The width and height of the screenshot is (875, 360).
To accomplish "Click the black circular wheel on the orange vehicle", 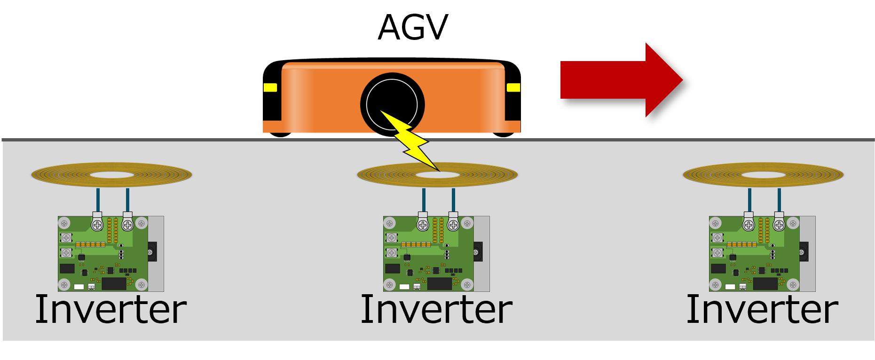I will click(392, 104).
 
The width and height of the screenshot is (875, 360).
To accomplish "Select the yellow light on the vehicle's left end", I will click(270, 87).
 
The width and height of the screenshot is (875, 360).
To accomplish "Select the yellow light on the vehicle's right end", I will click(513, 87).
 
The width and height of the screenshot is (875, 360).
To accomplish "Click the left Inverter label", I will click(111, 309).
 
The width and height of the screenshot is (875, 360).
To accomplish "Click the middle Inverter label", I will click(436, 309).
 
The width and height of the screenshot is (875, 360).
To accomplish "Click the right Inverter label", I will click(762, 309).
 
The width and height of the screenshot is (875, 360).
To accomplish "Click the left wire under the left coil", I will click(98, 199).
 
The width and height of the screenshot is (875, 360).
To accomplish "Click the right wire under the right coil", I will click(779, 199).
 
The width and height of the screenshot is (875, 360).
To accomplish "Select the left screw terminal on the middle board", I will click(423, 225).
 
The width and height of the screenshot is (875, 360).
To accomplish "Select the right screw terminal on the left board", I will click(127, 225).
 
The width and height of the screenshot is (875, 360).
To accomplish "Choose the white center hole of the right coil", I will click(763, 175).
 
